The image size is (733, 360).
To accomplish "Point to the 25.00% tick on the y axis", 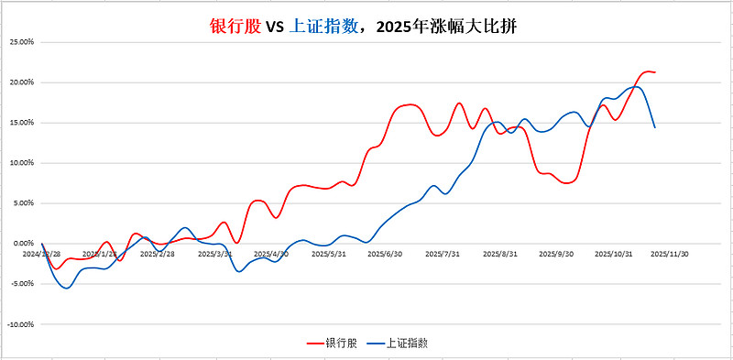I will pyautogui.click(x=21, y=42).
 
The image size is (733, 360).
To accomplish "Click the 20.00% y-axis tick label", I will pyautogui.click(x=21, y=82).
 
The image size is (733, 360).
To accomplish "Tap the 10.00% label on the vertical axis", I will pyautogui.click(x=21, y=163).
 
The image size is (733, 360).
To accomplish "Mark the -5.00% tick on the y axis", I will pyautogui.click(x=21, y=284).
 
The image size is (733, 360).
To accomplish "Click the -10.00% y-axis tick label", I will pyautogui.click(x=20, y=324).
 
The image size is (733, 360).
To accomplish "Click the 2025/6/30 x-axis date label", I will pyautogui.click(x=386, y=254).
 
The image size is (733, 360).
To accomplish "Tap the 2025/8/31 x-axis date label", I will pyautogui.click(x=500, y=254).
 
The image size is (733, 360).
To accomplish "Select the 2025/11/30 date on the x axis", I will pyautogui.click(x=669, y=254).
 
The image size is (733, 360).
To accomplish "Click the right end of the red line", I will pyautogui.click(x=655, y=71).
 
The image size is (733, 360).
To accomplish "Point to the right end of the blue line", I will pyautogui.click(x=655, y=127).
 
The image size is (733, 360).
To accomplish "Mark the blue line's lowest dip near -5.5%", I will pyautogui.click(x=66, y=288).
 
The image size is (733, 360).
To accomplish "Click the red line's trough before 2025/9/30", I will pyautogui.click(x=567, y=183).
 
